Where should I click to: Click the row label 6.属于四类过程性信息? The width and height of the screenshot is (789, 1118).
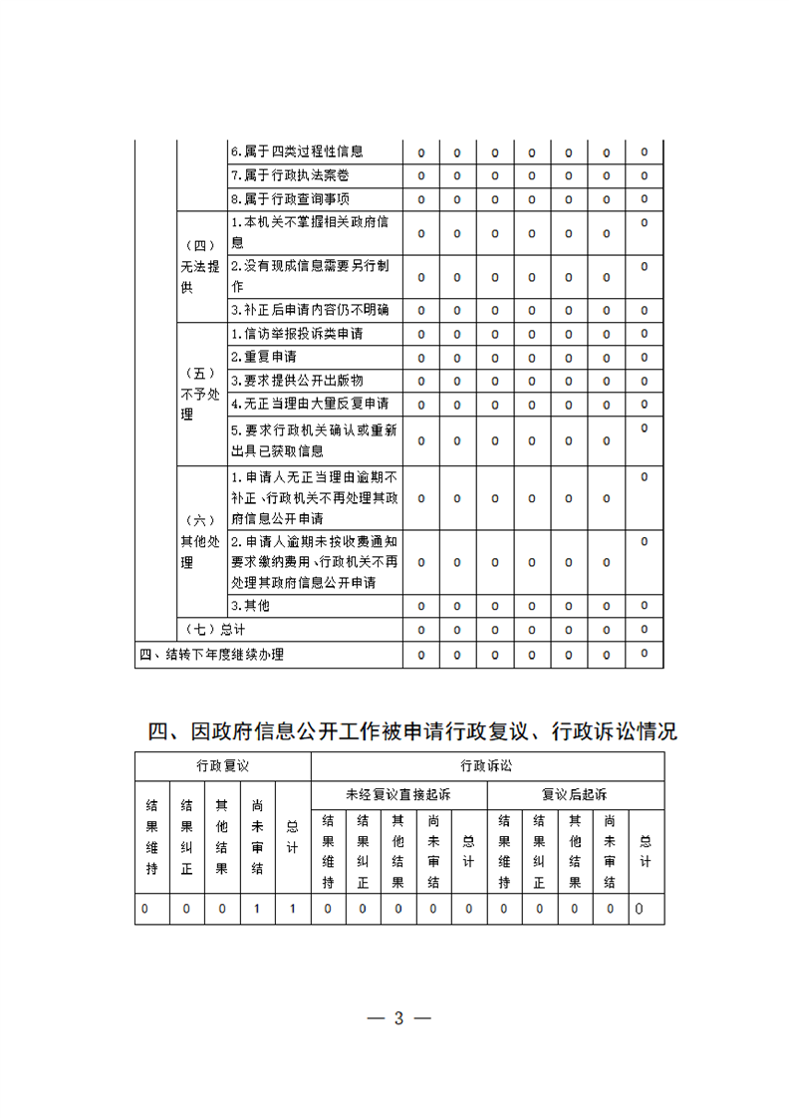pyautogui.click(x=296, y=152)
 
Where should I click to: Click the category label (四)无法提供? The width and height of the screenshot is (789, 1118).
pyautogui.click(x=200, y=266)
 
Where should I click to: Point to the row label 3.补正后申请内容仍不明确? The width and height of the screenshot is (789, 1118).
pyautogui.click(x=310, y=310)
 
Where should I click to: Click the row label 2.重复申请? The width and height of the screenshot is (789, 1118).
pyautogui.click(x=263, y=357)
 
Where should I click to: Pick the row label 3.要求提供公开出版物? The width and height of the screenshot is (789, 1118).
pyautogui.click(x=296, y=381)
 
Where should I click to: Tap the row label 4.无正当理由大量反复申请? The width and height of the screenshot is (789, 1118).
pyautogui.click(x=310, y=404)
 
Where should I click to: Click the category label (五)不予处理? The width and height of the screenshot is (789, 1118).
pyautogui.click(x=200, y=394)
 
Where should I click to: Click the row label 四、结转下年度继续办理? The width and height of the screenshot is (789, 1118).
pyautogui.click(x=211, y=654)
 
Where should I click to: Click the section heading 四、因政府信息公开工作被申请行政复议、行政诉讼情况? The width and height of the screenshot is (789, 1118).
pyautogui.click(x=412, y=731)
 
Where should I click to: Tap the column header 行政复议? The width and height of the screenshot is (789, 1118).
pyautogui.click(x=222, y=766)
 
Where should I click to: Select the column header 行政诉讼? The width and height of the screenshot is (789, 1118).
pyautogui.click(x=487, y=766)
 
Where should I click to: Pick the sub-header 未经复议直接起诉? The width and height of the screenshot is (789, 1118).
pyautogui.click(x=398, y=795)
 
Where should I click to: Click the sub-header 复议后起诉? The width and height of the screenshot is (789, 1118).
pyautogui.click(x=575, y=795)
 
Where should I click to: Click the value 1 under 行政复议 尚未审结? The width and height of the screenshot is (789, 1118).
pyautogui.click(x=257, y=909)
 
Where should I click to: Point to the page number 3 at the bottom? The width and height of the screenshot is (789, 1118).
pyautogui.click(x=398, y=1017)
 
